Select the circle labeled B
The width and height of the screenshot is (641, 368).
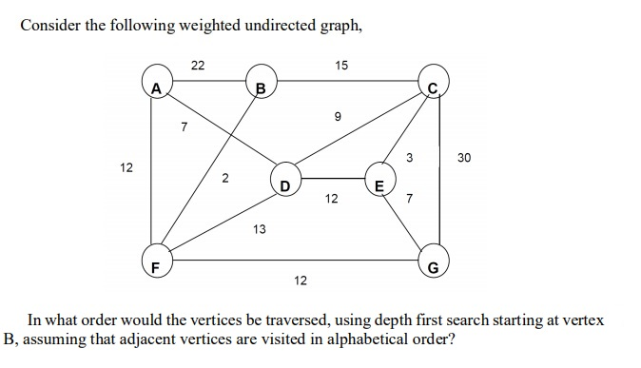[x=259, y=83]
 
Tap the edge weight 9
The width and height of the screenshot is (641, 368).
[x=337, y=118]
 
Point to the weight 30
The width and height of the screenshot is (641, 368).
[x=463, y=159]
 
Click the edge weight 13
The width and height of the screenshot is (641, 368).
[x=259, y=229]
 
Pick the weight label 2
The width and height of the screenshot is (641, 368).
[x=225, y=178]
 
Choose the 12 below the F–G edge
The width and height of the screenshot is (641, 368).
[x=301, y=280]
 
